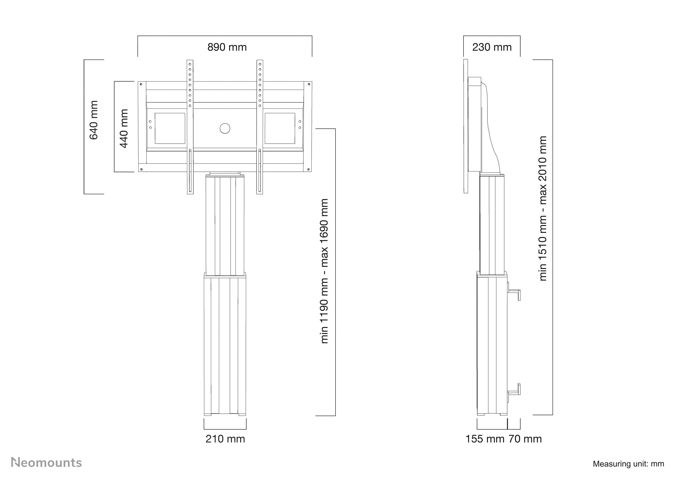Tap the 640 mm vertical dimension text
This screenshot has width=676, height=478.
tap(94, 120)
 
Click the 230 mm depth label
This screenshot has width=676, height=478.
tap(492, 47)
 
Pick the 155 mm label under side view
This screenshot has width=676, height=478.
tap(485, 439)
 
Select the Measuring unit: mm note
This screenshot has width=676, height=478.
tap(628, 464)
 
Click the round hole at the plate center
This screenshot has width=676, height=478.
tap(225, 128)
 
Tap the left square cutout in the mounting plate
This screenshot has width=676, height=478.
tap(170, 128)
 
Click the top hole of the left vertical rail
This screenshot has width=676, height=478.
tap(190, 64)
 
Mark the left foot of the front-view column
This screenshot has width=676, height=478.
tap(208, 414)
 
